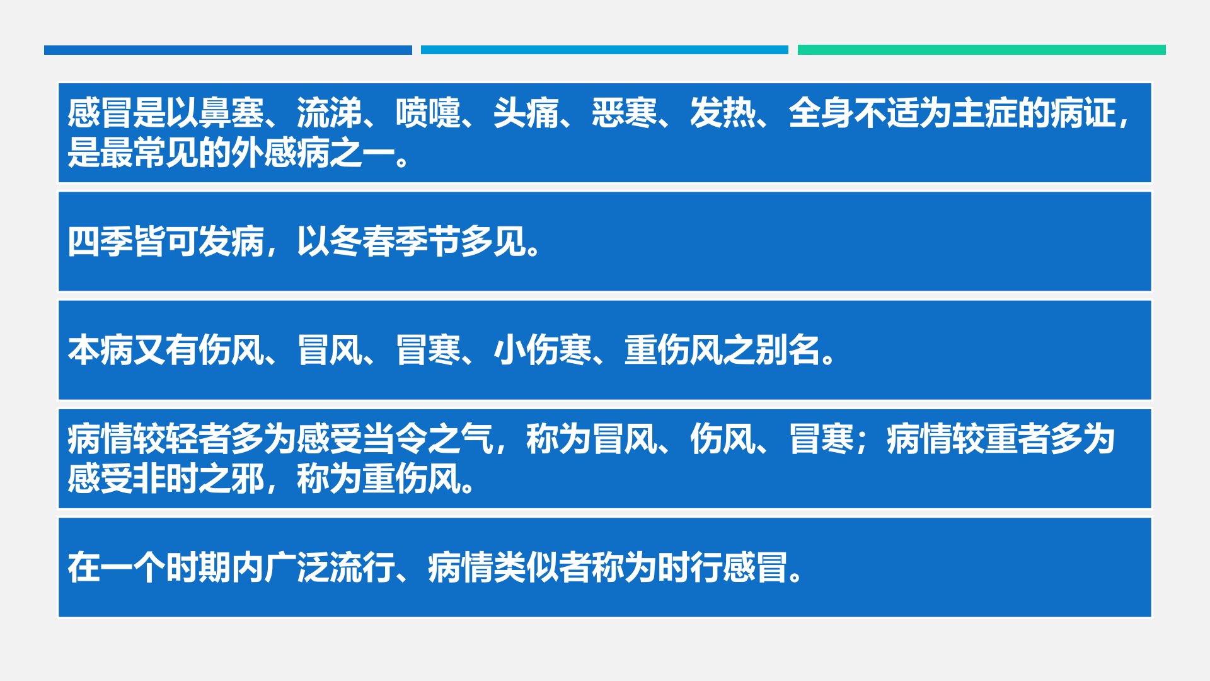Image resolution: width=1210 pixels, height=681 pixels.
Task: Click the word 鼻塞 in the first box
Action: click(x=231, y=113)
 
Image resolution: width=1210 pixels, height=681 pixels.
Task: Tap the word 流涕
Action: click(x=330, y=113)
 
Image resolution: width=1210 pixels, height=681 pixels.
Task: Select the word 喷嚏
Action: click(x=428, y=113)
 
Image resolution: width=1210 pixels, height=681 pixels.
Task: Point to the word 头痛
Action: click(x=526, y=113)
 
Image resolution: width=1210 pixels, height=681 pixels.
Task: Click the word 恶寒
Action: click(x=625, y=113)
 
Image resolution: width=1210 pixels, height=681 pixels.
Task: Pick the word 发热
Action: click(x=723, y=113)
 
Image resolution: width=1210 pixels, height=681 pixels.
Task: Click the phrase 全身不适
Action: click(x=854, y=113)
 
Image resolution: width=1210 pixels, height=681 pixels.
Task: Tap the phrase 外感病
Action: click(x=280, y=153)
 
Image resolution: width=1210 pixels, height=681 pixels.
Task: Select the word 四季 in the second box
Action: click(x=100, y=242)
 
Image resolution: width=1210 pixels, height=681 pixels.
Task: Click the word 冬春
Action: click(x=362, y=242)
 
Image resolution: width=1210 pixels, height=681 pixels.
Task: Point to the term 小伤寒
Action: click(x=543, y=350)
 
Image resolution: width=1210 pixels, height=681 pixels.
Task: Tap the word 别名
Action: click(x=788, y=350)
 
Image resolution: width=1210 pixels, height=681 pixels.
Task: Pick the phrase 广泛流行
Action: click(x=330, y=567)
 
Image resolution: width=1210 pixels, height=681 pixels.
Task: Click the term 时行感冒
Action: click(x=723, y=567)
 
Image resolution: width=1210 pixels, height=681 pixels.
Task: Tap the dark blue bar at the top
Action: click(x=228, y=50)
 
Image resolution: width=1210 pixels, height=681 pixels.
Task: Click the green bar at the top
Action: click(x=982, y=50)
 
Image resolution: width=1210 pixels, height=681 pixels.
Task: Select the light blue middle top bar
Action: click(x=604, y=50)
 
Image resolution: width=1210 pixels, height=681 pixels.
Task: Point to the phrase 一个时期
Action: click(x=166, y=567)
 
